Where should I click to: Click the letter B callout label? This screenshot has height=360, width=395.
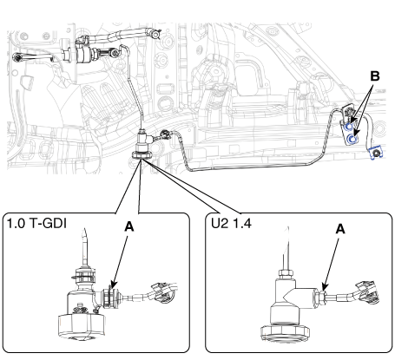tap(375, 76)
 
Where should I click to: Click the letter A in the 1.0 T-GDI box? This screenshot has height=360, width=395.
tap(129, 226)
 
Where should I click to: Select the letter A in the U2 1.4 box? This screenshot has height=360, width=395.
tap(340, 229)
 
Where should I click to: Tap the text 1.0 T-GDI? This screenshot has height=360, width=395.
tap(36, 224)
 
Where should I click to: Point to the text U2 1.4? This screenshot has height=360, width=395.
tap(231, 223)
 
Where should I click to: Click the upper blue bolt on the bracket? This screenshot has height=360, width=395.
tap(350, 127)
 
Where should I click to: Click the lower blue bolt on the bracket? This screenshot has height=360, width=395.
tap(352, 140)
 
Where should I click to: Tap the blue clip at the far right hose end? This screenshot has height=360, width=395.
tap(376, 153)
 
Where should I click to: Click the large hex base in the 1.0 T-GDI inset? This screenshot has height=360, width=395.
tap(82, 326)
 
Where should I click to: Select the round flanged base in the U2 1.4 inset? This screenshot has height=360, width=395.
tap(285, 333)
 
